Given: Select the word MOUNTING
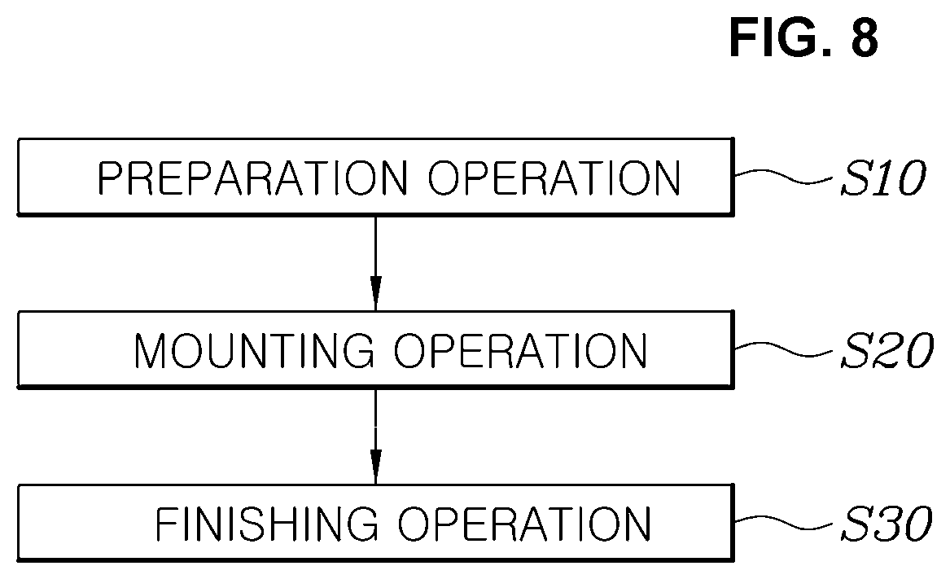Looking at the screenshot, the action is click(x=255, y=351).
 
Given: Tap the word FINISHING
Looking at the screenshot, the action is click(x=267, y=524).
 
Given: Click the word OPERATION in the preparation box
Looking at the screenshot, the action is click(x=554, y=178).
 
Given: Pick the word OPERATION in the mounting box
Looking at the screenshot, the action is click(x=521, y=351).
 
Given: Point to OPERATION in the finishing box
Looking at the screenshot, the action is click(x=525, y=524).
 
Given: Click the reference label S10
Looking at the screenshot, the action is click(x=882, y=178).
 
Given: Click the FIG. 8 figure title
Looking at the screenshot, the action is click(x=804, y=37).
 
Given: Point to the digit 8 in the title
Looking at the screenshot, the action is click(x=865, y=37).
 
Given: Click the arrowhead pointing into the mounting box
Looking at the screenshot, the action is click(x=375, y=293).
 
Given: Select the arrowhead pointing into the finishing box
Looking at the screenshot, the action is click(x=375, y=467).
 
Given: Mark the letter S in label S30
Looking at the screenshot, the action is click(x=856, y=524).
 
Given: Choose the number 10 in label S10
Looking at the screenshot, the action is click(x=899, y=178).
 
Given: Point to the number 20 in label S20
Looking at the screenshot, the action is click(x=902, y=350).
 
